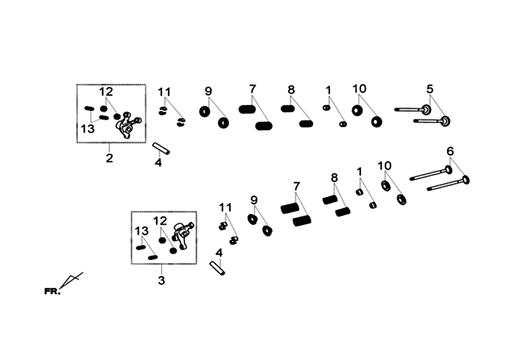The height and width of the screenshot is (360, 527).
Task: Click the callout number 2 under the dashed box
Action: [109, 158]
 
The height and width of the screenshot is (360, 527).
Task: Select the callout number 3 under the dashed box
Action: [161, 280]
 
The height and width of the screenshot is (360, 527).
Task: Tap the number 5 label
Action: [430, 89]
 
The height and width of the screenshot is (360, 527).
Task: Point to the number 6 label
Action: [450, 152]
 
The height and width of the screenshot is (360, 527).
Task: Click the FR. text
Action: [53, 291]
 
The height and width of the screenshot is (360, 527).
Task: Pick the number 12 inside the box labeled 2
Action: [106, 92]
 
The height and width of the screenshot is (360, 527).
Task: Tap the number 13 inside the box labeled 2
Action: [88, 129]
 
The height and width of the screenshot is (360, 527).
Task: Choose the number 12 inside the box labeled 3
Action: [160, 221]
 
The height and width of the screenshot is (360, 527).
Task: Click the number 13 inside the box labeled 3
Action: [142, 231]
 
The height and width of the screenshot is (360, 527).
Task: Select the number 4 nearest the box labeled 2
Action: [158, 162]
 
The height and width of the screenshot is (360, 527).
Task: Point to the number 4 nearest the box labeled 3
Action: [219, 253]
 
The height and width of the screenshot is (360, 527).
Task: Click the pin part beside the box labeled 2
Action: [161, 148]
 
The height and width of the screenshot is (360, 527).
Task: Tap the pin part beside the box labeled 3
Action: [217, 268]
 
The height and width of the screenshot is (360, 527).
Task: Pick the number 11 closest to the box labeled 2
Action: [164, 92]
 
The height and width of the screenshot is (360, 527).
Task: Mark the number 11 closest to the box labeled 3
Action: [225, 208]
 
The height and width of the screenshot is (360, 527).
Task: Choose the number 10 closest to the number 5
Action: [359, 89]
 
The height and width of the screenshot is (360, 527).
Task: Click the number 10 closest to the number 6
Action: [385, 166]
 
